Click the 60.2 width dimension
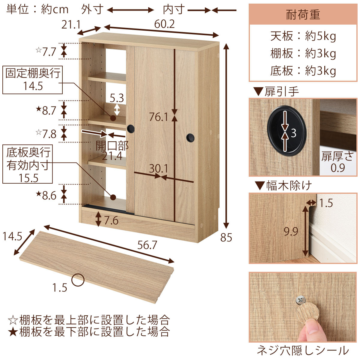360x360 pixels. coord(164,24)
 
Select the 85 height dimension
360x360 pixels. coord(226,238)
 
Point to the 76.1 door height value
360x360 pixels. coord(159,117)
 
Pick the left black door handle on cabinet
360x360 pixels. coord(130,128)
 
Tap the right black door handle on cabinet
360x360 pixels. coord(190,137)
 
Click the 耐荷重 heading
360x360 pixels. coord(303,15)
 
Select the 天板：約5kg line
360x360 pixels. coord(303,36)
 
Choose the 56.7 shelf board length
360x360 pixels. coord(147,245)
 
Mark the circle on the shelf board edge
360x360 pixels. coord(78,280)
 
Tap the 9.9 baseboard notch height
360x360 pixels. coord(291,232)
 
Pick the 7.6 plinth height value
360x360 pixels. coord(111,221)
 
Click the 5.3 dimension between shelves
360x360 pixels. coord(117,98)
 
